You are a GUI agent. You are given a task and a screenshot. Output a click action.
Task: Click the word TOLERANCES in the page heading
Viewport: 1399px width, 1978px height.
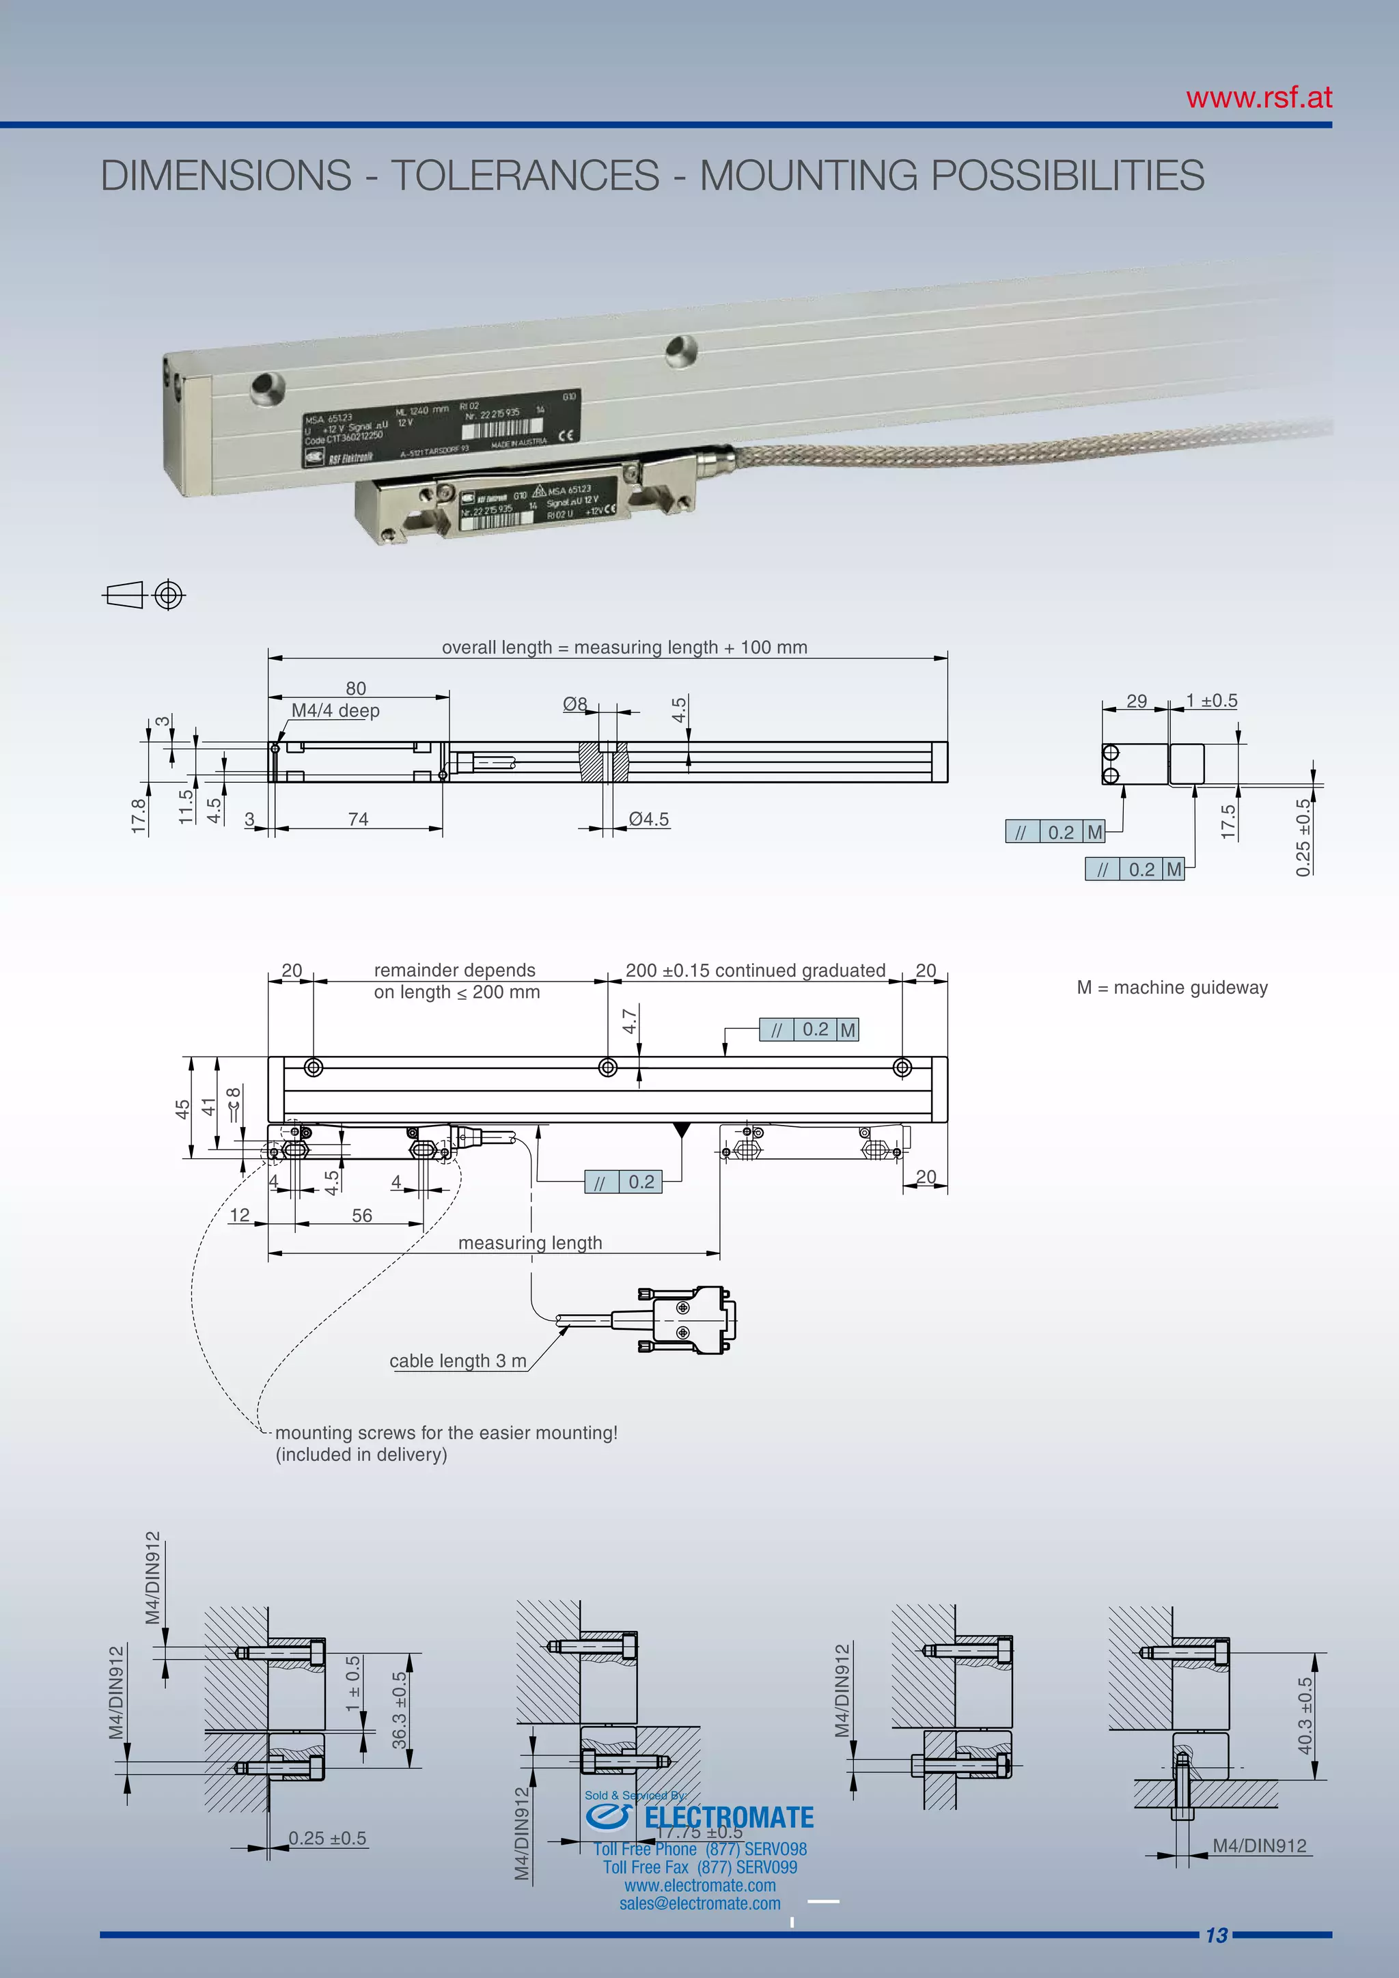[525, 176]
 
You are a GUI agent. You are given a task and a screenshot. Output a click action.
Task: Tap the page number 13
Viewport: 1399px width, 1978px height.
[1215, 1935]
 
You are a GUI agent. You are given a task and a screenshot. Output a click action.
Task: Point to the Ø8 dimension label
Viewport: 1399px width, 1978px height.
[574, 704]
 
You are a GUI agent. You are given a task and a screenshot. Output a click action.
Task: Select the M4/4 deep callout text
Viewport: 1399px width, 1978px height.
[335, 711]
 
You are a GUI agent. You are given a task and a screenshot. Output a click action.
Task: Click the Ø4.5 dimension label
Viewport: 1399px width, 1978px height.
[648, 820]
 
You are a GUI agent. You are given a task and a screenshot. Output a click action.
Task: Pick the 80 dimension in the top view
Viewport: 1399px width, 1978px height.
[356, 688]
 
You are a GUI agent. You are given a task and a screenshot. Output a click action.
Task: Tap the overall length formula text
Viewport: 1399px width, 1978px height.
[624, 647]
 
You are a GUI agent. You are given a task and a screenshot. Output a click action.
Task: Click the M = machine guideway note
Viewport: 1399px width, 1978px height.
[1172, 987]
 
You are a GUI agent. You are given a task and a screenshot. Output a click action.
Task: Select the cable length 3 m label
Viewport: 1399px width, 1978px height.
[458, 1361]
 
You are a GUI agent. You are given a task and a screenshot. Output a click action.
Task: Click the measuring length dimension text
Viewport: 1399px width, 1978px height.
[530, 1242]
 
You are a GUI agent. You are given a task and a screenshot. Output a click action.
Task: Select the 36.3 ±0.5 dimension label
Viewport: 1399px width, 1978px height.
[399, 1710]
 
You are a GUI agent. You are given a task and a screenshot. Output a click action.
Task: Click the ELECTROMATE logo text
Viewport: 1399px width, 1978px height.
[728, 1817]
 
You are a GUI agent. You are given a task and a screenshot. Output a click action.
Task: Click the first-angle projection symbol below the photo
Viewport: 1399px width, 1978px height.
[144, 596]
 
